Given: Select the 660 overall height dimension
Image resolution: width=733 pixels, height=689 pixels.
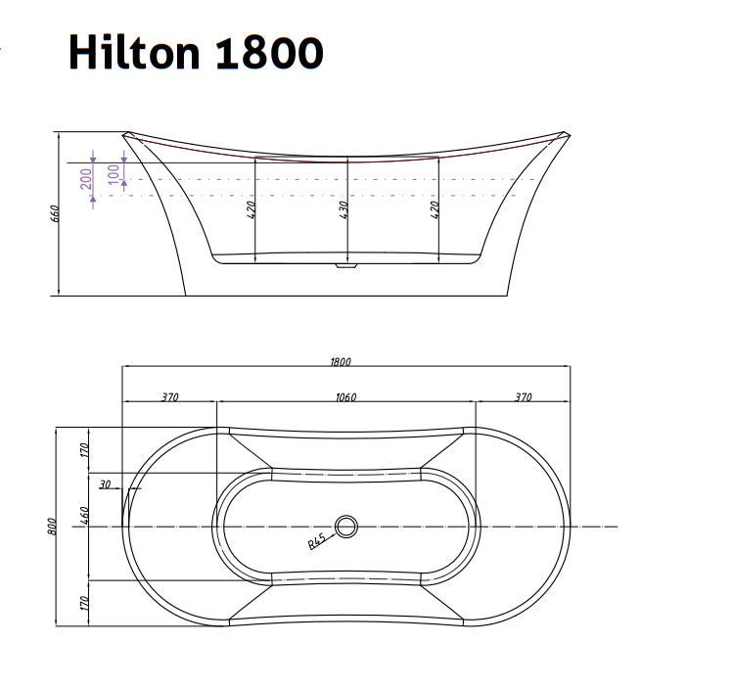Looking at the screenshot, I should click(x=56, y=213).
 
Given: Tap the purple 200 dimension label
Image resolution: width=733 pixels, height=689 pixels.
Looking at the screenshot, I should click(x=86, y=177).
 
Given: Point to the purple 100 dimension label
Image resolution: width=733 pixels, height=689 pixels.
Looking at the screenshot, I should click(x=115, y=173).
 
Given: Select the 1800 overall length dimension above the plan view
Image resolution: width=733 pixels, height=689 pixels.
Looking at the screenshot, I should click(x=340, y=361).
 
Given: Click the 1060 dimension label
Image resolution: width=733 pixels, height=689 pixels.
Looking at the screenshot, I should click(x=344, y=397).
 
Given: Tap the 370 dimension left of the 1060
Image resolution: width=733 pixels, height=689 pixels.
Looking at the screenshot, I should click(x=168, y=397).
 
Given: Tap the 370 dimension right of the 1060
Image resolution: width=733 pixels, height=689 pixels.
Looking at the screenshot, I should click(x=523, y=397).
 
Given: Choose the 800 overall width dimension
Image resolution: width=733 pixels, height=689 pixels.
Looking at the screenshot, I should click(x=52, y=526).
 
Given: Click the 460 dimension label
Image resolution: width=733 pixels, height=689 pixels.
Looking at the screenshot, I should click(x=85, y=516).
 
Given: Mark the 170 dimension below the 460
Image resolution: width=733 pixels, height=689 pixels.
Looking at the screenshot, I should click(x=85, y=602).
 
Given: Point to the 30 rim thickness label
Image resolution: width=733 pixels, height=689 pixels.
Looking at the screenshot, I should click(x=105, y=482).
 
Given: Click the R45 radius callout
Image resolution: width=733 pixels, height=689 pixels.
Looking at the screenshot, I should click(x=317, y=541).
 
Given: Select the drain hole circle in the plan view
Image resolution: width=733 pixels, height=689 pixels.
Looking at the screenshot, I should click(x=346, y=527).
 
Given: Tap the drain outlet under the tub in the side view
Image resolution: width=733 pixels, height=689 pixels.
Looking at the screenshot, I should click(x=346, y=264).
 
